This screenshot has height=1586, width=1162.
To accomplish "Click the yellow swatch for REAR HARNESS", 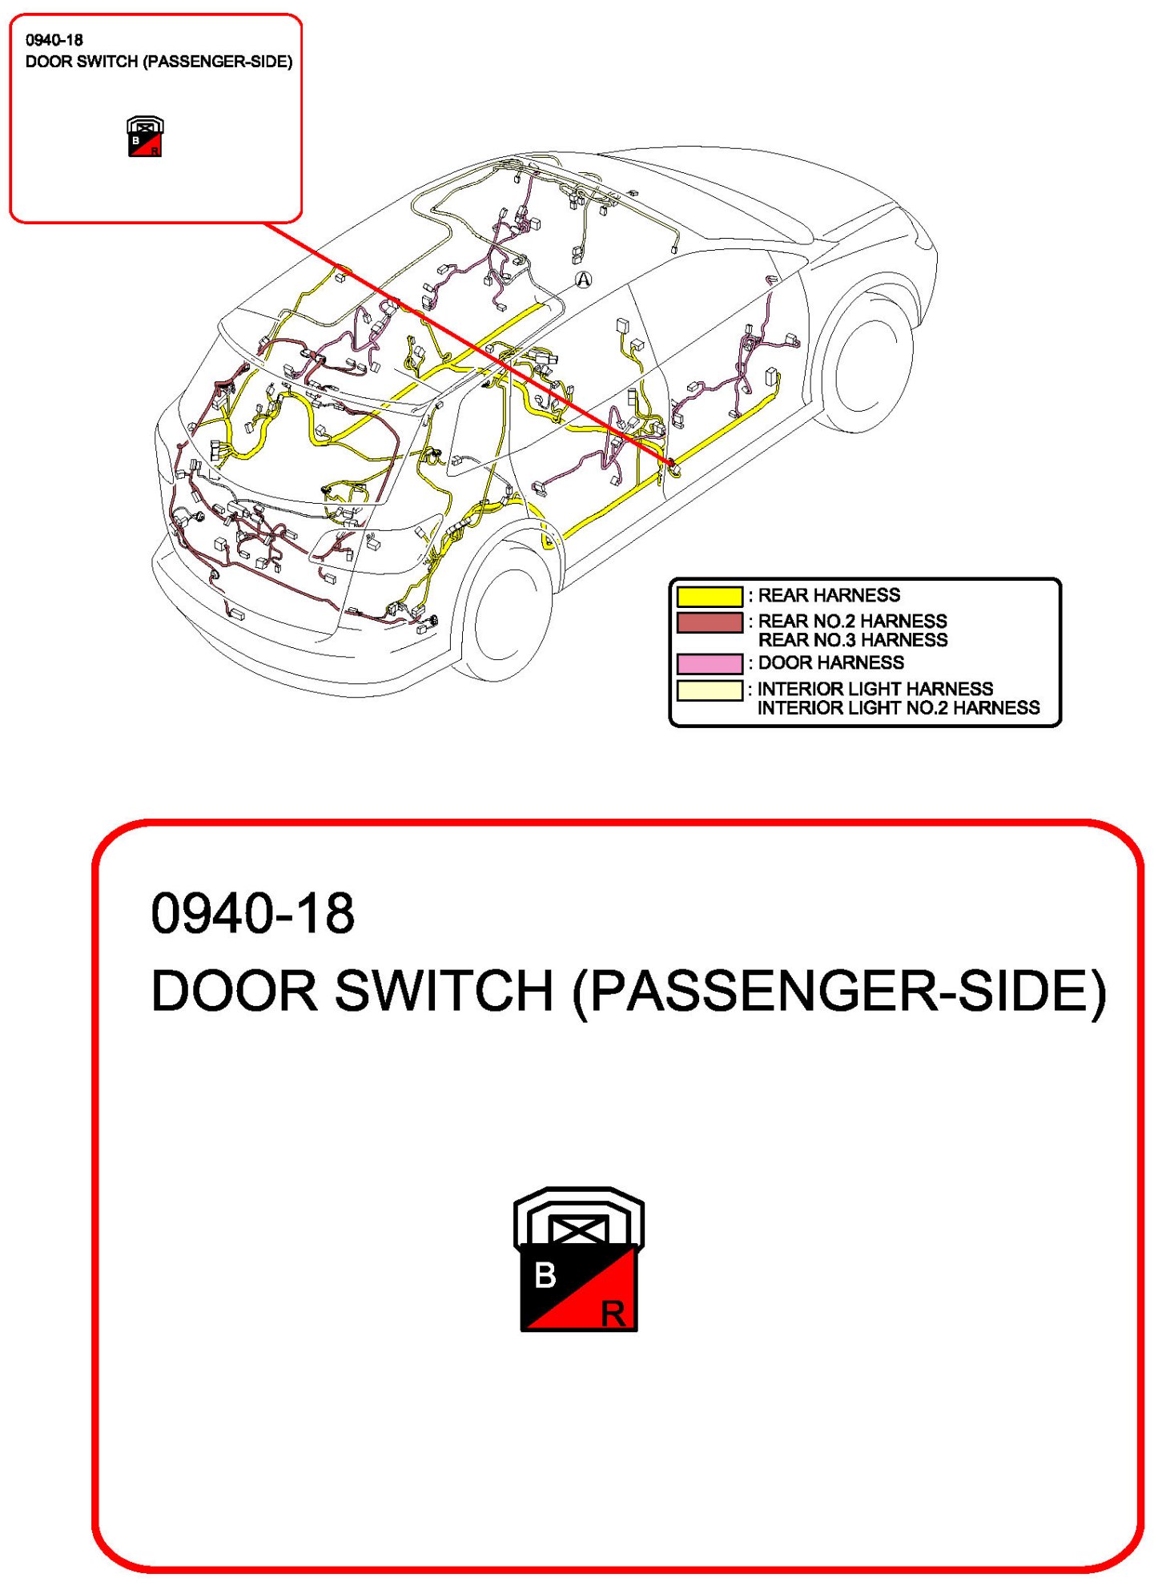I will click(x=710, y=596).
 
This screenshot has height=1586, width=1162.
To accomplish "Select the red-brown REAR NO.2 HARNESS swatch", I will click(x=710, y=622).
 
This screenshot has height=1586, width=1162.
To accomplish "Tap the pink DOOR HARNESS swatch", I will click(x=710, y=663).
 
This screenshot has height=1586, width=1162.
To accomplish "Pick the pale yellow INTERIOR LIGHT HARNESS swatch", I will click(x=710, y=690).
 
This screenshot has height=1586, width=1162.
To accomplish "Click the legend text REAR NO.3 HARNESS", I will click(x=852, y=640).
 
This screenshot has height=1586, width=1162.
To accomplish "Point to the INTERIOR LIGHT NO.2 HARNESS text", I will click(x=898, y=708).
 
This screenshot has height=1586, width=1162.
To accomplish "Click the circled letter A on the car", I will click(x=584, y=280).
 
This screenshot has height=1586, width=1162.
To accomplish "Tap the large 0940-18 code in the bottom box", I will click(x=252, y=913).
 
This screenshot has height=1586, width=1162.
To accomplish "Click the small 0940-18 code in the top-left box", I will click(x=54, y=40).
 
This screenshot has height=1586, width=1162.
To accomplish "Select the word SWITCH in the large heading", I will click(x=444, y=991).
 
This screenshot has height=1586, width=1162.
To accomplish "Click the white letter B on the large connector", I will click(x=545, y=1275).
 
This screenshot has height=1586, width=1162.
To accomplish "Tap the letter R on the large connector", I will click(x=613, y=1314).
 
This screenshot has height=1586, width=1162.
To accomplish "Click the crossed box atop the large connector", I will click(x=579, y=1230).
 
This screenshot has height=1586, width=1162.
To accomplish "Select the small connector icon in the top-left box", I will click(x=145, y=136).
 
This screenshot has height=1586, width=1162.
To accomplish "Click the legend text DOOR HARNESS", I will click(x=830, y=662).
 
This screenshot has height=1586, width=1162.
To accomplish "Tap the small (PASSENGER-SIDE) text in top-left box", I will click(x=217, y=62).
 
